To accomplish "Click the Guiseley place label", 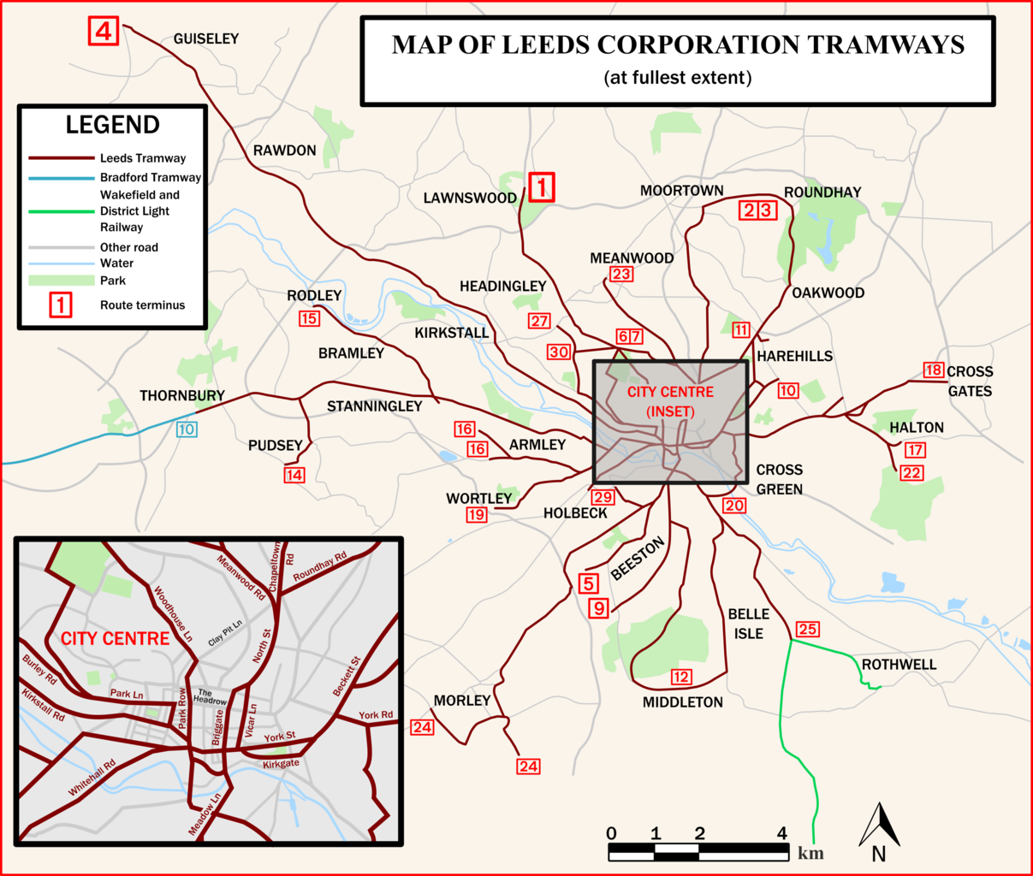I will tap(205, 38).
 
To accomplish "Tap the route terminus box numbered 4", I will tap(103, 32).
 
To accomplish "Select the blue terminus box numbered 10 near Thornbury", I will tap(187, 429).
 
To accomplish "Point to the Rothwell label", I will tap(899, 665).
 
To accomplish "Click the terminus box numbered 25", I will tap(807, 630).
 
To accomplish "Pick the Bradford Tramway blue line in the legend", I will tap(61, 178).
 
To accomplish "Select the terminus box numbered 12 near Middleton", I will tap(680, 677).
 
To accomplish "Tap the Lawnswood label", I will tap(470, 198).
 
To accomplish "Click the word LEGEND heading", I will tap(112, 125).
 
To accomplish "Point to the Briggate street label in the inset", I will tap(218, 727).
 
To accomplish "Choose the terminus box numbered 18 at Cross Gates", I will tap(934, 370).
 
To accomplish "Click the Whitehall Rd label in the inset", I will tap(92, 778).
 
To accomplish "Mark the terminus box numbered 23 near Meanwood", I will tap(621, 274).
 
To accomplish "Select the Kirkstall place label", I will tap(451, 333).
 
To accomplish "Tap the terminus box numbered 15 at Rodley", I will tap(309, 318).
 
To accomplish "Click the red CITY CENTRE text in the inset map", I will tap(115, 639).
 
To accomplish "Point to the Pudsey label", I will tap(275, 446).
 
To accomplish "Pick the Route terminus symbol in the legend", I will tap(61, 305).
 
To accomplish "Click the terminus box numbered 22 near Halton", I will tap(911, 473).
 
